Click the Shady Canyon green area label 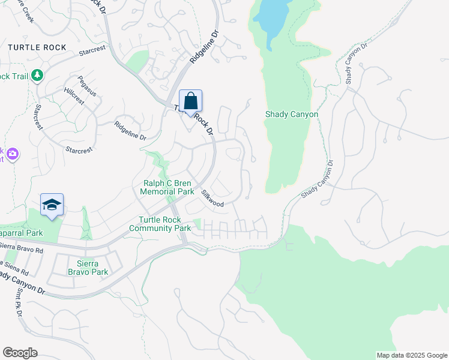click(x=291, y=114)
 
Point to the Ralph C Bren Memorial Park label click(x=167, y=188)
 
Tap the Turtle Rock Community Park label click(x=160, y=224)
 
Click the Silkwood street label click(x=212, y=199)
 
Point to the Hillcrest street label click(x=74, y=98)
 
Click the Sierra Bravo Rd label click(x=22, y=247)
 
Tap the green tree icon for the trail click(x=38, y=75)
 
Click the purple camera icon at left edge click(x=12, y=155)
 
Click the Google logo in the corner click(x=20, y=352)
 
